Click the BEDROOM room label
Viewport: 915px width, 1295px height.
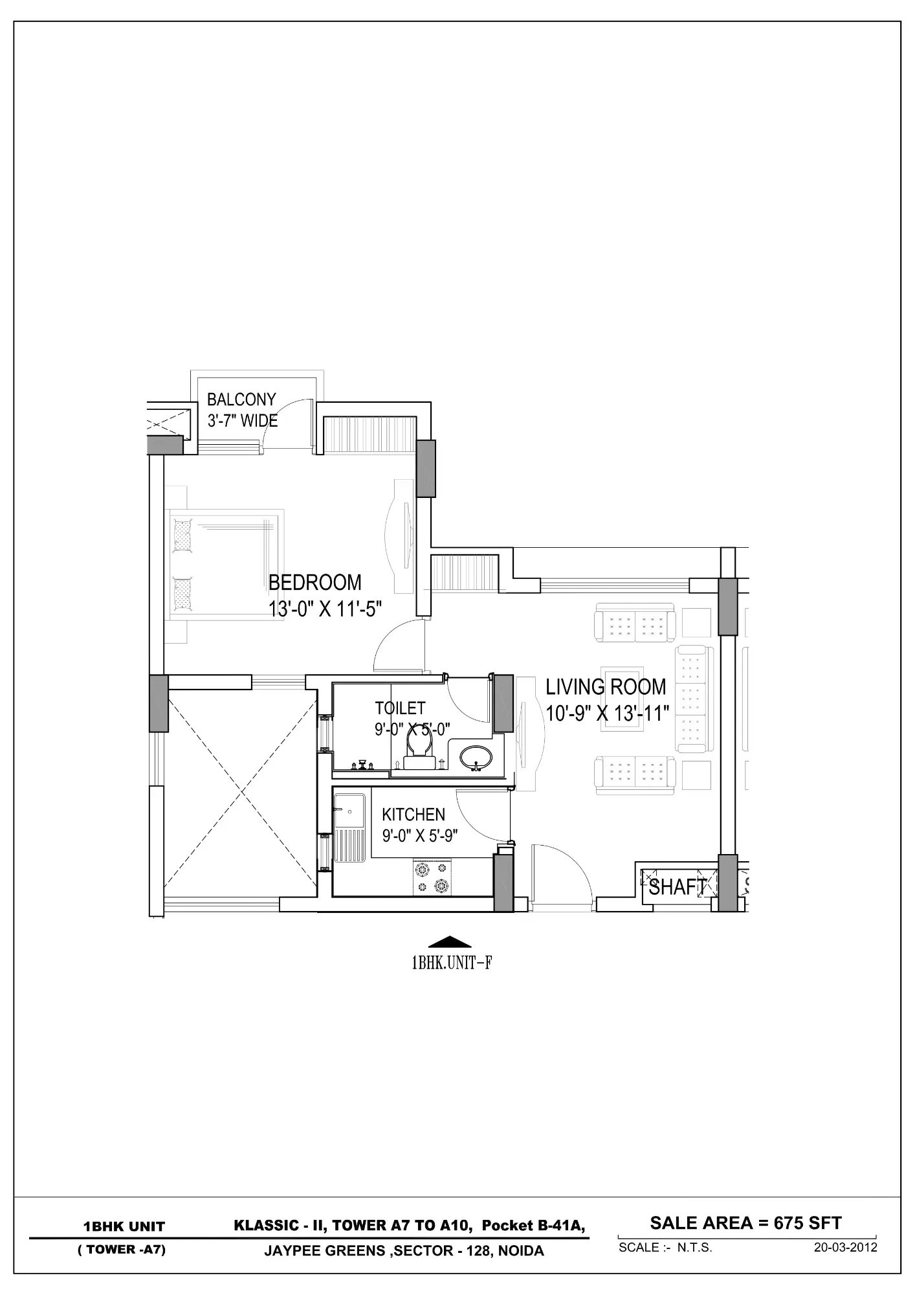point(315,583)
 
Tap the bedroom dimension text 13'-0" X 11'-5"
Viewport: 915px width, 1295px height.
point(325,609)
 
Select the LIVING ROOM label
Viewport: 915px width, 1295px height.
point(606,687)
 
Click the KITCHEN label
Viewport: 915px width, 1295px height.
point(413,815)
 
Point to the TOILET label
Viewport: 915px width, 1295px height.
point(400,708)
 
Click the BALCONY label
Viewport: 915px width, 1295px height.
point(241,400)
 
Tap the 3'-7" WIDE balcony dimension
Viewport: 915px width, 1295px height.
point(243,421)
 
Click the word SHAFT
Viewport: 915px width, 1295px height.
point(678,887)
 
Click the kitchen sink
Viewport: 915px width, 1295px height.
point(349,812)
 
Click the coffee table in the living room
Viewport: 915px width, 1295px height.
point(622,699)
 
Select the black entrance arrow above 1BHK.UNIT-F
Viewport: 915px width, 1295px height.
point(450,942)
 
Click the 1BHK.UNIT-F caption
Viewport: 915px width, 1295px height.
point(452,963)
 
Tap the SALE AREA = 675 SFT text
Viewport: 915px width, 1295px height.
point(745,1224)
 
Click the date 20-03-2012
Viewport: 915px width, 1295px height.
point(845,1248)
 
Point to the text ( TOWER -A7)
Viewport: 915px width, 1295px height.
point(122,1250)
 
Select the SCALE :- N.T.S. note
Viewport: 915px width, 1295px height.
point(665,1248)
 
